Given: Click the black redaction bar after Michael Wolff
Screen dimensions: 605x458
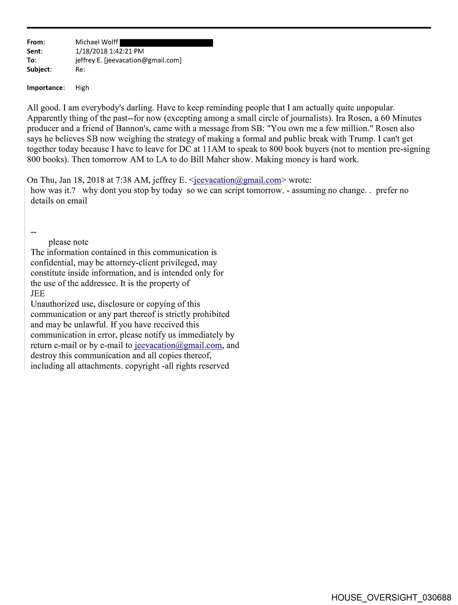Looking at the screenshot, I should [166, 43].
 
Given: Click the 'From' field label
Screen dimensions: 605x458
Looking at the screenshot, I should [36, 42].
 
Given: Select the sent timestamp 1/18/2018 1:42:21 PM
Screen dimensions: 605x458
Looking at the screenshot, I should [109, 51].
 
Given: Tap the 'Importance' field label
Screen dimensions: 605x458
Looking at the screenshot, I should [45, 88].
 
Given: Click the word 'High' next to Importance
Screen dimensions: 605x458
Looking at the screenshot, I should [82, 88].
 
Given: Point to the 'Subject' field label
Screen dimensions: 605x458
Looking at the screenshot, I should [39, 70].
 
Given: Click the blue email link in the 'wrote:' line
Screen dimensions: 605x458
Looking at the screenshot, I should [237, 180].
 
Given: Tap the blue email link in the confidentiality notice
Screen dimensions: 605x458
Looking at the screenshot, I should [178, 345].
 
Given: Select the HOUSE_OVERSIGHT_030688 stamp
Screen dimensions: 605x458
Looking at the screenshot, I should [391, 597].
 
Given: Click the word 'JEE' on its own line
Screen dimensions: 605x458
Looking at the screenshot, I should [38, 294].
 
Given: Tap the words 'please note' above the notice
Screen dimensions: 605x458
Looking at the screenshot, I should [68, 242].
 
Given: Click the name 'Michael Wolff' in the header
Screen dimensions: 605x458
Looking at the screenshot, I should [96, 42].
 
